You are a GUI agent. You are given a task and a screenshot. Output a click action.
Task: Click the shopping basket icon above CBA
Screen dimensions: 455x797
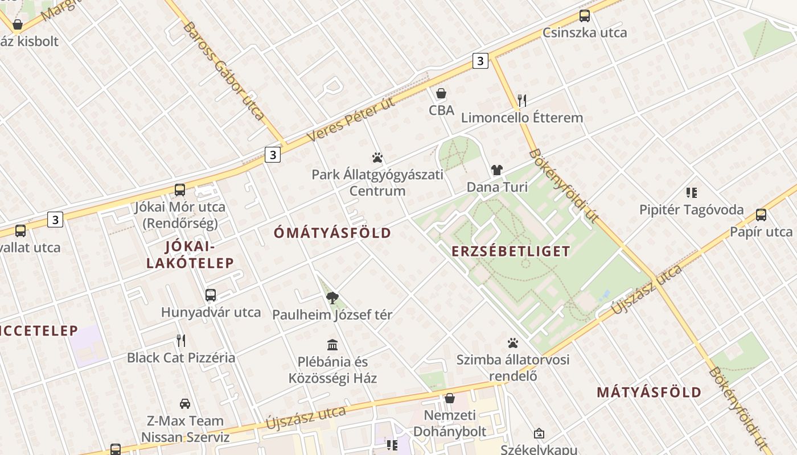(x=441, y=93)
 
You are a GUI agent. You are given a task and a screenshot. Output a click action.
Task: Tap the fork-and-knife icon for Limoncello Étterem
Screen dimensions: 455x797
(x=522, y=101)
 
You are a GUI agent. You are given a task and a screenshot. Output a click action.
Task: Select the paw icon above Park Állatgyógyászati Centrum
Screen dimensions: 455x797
(x=377, y=158)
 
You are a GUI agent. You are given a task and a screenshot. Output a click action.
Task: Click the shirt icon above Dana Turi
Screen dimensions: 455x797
(x=497, y=170)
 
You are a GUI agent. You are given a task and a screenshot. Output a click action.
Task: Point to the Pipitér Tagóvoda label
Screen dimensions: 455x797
(x=691, y=210)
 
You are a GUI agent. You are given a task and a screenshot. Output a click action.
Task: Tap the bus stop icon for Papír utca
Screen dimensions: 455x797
(x=761, y=215)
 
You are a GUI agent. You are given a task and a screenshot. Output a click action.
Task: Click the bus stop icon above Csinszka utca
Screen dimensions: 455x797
(x=584, y=16)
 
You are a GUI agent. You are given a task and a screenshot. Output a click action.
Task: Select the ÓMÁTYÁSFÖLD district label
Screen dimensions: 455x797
(x=332, y=233)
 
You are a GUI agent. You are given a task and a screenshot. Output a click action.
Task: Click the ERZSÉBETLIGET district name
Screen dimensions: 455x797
(x=511, y=251)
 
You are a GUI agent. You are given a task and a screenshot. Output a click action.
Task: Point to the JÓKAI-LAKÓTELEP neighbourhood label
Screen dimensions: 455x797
(x=190, y=254)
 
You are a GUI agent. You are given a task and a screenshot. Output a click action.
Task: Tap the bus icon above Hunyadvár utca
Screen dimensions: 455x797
(x=211, y=295)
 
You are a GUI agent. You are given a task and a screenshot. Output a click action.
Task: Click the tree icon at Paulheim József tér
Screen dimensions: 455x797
(x=332, y=298)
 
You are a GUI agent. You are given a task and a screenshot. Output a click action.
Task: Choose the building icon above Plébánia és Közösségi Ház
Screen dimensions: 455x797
(x=332, y=345)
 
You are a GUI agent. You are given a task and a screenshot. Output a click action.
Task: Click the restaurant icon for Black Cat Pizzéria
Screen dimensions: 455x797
(x=181, y=341)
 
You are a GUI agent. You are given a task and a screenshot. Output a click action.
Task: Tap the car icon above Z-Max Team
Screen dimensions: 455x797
(x=185, y=404)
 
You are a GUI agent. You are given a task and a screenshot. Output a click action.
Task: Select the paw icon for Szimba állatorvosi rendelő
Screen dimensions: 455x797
(x=513, y=343)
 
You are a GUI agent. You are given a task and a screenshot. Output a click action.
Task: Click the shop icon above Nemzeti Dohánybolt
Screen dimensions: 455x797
(x=450, y=398)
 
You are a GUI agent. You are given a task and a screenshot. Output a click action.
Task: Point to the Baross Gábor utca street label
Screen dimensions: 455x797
(x=224, y=71)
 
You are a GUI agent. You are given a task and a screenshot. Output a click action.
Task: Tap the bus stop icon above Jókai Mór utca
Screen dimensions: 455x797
(x=180, y=190)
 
